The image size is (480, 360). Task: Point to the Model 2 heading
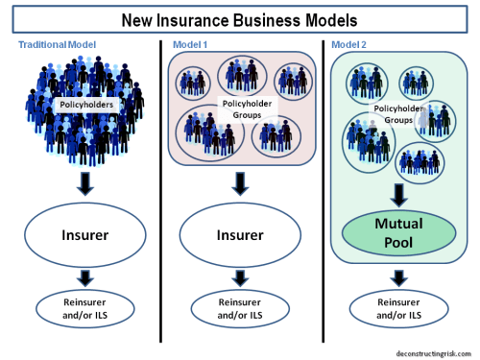coord(350,44)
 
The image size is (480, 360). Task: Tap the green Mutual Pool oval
coord(398,233)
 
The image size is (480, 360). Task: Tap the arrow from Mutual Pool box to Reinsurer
coord(398,276)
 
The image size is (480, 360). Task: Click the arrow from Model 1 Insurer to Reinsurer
coord(240,276)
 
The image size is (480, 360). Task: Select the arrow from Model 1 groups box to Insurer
coord(240,182)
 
